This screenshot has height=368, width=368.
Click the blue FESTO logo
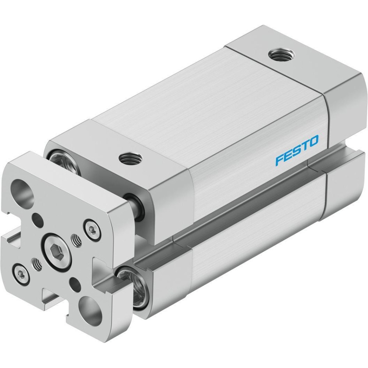pyautogui.click(x=297, y=150)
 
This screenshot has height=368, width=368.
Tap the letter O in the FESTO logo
pyautogui.click(x=313, y=141)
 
